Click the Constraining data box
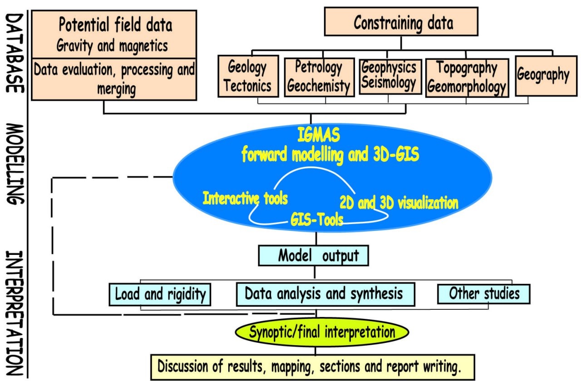click(x=401, y=21)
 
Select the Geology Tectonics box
click(x=247, y=76)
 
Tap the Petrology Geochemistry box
click(x=319, y=77)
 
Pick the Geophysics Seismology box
click(x=389, y=75)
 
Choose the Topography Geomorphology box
click(x=466, y=78)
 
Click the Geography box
click(x=542, y=75)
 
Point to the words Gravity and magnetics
click(x=112, y=45)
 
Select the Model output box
click(x=313, y=255)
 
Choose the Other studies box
click(x=484, y=293)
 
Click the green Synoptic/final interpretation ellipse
click(x=322, y=332)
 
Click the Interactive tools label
click(x=245, y=198)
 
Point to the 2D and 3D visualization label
click(x=399, y=203)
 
